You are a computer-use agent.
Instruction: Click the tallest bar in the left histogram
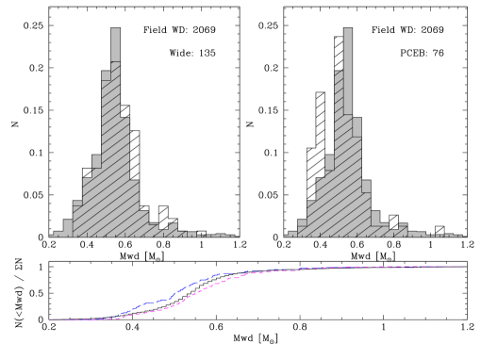(x=115, y=132)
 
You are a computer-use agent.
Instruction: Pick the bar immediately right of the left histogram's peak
(x=124, y=179)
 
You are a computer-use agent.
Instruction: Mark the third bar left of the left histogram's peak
(x=87, y=207)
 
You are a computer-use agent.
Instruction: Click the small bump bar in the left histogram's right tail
(x=173, y=230)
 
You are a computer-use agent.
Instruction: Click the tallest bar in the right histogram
(x=348, y=132)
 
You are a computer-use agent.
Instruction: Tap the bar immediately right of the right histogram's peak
(x=357, y=179)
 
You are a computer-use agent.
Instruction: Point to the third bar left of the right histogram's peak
(x=321, y=207)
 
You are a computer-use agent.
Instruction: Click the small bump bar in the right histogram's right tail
(x=403, y=230)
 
